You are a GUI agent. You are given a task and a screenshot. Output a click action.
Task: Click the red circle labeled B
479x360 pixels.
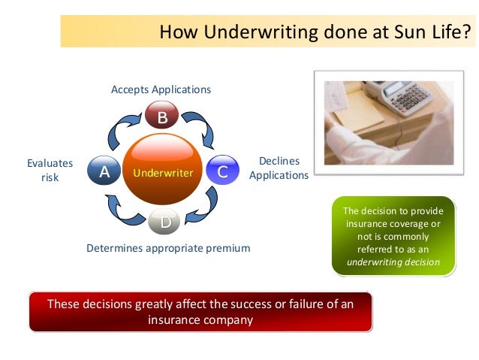161,117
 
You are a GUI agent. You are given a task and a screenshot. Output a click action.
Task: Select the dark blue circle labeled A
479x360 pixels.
104,171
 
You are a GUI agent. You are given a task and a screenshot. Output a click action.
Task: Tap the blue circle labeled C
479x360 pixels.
222,172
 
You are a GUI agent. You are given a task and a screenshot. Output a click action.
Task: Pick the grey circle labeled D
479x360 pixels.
165,222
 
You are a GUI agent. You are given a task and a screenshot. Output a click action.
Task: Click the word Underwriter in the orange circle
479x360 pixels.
163,174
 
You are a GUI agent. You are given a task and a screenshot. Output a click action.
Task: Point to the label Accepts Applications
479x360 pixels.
161,89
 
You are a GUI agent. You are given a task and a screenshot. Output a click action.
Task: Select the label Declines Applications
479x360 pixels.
279,168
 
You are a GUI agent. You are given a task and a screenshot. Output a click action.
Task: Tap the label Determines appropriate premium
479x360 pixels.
168,247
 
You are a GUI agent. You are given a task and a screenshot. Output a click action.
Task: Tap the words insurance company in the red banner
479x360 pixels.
200,319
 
